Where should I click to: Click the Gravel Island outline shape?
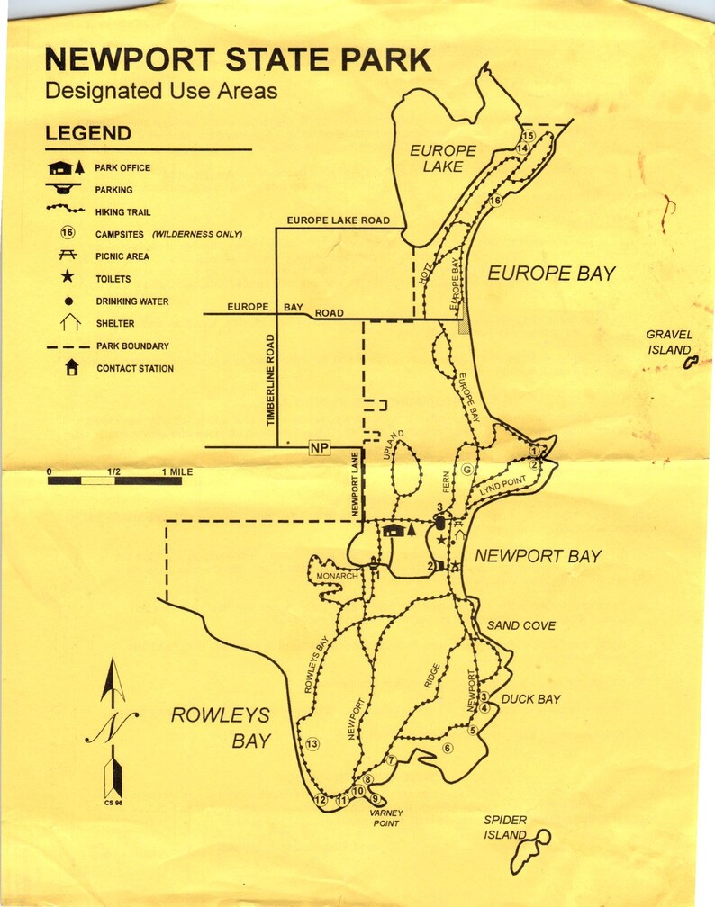[691, 363]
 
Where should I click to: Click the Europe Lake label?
[442, 158]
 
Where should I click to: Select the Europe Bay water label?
[551, 274]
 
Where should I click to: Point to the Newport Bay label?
[538, 556]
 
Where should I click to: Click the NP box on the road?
[319, 447]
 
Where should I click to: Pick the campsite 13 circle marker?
[312, 744]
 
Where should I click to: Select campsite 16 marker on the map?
[493, 201]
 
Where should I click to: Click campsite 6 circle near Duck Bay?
[447, 748]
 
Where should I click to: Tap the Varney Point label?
[385, 818]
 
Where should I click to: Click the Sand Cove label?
[521, 625]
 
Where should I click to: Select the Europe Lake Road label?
[338, 220]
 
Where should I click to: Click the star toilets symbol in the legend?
[67, 279]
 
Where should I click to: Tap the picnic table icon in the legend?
[67, 256]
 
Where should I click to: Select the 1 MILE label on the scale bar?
[177, 471]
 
